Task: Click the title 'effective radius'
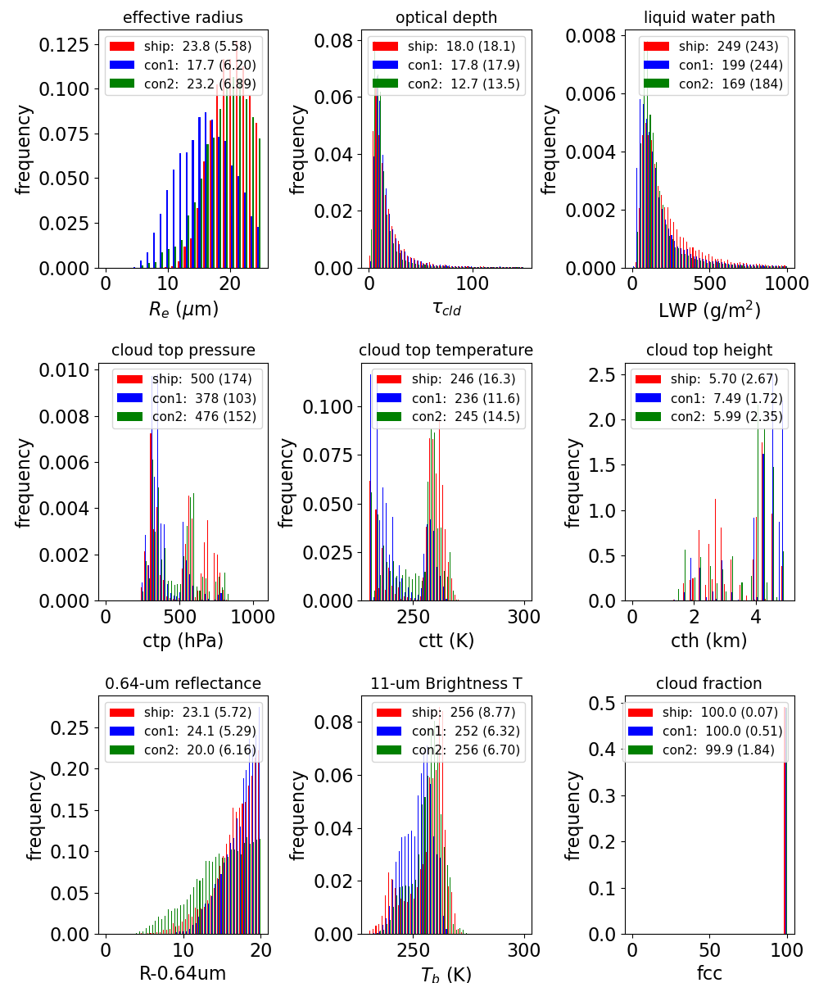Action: (x=183, y=17)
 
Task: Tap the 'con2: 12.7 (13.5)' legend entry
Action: (x=446, y=84)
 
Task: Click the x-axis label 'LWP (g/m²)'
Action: (x=709, y=310)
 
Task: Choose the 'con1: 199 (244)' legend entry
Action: (x=713, y=65)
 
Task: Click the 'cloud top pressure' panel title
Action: (x=183, y=351)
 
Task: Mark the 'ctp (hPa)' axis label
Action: (x=183, y=641)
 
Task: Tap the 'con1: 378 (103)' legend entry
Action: (x=187, y=398)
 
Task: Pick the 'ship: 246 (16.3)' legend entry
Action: (x=446, y=379)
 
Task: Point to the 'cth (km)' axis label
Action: (x=709, y=641)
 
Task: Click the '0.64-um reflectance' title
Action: (x=183, y=683)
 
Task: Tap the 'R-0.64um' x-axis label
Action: (x=183, y=972)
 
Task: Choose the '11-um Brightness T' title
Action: (x=446, y=683)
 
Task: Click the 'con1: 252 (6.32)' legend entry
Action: (x=448, y=731)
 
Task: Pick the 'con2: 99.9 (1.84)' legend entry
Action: (x=701, y=750)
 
